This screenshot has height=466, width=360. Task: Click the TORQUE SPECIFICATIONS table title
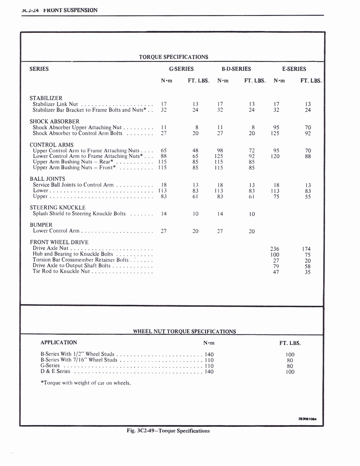pos(173,57)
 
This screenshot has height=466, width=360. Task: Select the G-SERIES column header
pos(181,69)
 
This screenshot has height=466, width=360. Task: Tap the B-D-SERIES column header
pos(236,69)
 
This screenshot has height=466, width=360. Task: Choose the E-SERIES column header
pos(294,69)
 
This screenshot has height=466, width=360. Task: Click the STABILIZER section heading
pos(46,98)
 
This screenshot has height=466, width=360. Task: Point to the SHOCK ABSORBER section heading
pos(55,122)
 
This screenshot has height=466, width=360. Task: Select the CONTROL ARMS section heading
pos(51,145)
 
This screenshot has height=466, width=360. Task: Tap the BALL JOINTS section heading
pos(47,179)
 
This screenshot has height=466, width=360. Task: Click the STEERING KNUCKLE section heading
pos(58,208)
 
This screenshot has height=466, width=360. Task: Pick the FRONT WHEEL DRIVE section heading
pos(59,242)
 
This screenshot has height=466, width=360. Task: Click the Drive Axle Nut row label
pos(51,248)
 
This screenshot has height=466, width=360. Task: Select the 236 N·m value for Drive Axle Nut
pos(275,249)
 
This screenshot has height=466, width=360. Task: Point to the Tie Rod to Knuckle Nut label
pos(61,272)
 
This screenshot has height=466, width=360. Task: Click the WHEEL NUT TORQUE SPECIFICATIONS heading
pos(184,331)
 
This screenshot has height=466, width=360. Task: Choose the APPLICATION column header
pos(59,343)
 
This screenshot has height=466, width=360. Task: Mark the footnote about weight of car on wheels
pos(86,383)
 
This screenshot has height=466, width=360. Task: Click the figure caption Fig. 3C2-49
pos(168,431)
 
